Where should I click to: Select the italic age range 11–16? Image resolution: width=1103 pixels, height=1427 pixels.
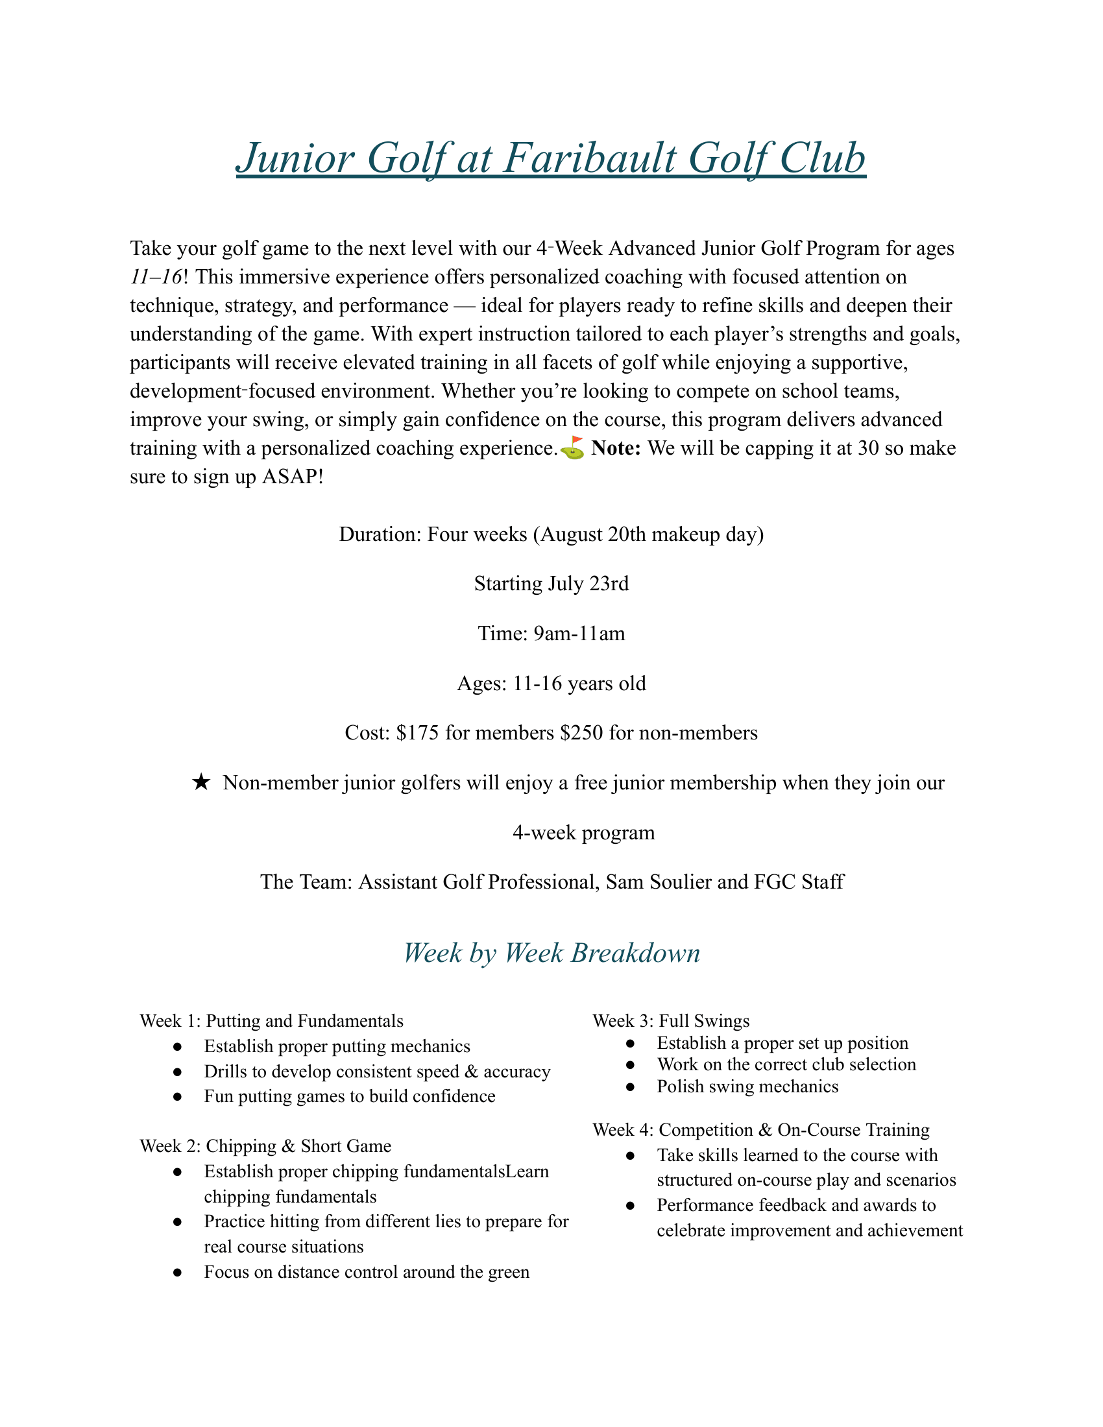click(156, 277)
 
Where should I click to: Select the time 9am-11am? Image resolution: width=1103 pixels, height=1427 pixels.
click(579, 634)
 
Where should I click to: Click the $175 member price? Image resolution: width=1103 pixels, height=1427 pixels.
click(418, 733)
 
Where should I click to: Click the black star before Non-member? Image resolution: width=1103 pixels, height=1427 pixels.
click(201, 783)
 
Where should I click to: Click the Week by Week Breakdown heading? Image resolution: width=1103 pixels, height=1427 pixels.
click(551, 953)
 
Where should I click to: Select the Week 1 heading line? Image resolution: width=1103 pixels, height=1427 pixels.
click(271, 1021)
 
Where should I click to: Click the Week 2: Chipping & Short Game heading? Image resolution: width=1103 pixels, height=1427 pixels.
click(265, 1146)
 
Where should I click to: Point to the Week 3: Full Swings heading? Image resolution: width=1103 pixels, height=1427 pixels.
click(671, 1021)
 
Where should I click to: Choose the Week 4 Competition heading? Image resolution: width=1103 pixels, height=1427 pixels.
click(760, 1130)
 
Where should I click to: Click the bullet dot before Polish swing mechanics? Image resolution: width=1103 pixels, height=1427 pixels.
click(630, 1087)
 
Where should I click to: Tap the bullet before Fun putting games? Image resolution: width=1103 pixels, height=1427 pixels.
click(177, 1097)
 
